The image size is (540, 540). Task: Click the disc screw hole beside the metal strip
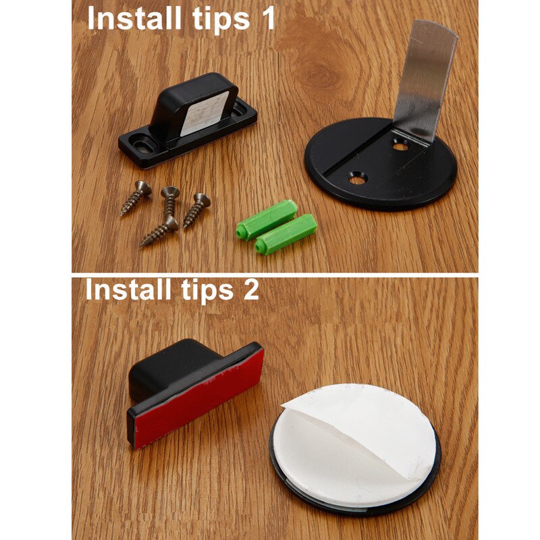tap(400, 144)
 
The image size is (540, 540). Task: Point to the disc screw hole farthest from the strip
tap(356, 179)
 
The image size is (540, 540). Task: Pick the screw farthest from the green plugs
tap(136, 197)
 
